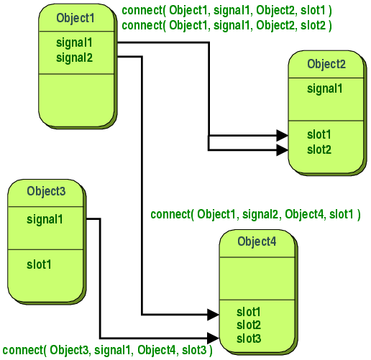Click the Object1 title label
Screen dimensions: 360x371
click(75, 17)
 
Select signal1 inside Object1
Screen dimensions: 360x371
click(74, 43)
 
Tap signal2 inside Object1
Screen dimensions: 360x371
click(74, 57)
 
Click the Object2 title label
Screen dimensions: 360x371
click(326, 64)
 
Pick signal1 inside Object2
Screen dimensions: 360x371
click(325, 89)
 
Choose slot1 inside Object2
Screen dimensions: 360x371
click(319, 135)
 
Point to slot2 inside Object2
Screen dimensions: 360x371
click(319, 149)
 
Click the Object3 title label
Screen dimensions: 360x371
click(46, 191)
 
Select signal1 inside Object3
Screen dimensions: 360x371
click(45, 218)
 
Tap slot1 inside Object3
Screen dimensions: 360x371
click(39, 264)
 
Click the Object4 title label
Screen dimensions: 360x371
click(257, 241)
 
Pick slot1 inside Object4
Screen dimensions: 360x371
click(249, 313)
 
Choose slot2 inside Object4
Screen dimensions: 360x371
click(249, 325)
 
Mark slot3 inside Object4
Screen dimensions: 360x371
click(249, 338)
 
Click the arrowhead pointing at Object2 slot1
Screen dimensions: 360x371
click(283, 135)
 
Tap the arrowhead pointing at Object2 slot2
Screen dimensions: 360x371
click(283, 149)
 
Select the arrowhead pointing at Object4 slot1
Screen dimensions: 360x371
click(213, 313)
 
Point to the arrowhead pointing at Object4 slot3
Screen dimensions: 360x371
click(213, 337)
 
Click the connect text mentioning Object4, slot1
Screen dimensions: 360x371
click(255, 214)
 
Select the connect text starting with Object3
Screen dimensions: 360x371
click(107, 350)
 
